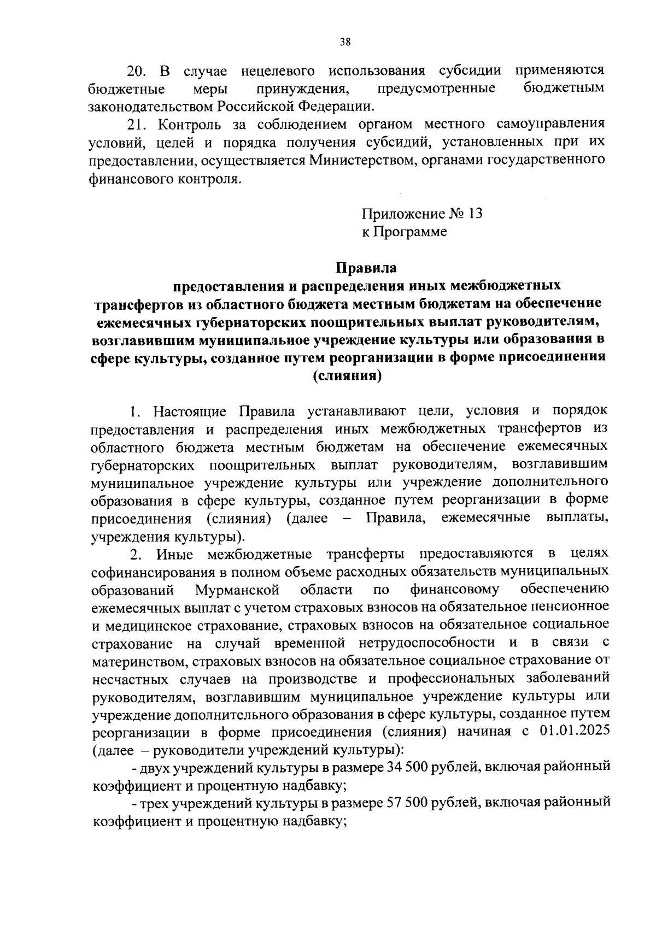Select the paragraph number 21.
(137, 124)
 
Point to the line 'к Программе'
(404, 232)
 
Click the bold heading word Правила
(365, 268)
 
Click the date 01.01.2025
(575, 732)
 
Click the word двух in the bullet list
(155, 768)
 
